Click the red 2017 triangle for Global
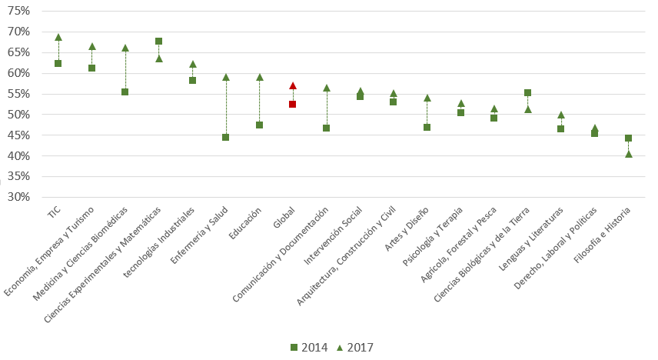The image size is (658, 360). (x=293, y=85)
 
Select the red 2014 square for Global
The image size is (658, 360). (x=293, y=104)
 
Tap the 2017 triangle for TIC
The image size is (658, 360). (x=58, y=37)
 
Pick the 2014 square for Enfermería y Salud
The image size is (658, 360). (x=226, y=137)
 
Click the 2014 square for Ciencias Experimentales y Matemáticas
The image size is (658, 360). (x=158, y=41)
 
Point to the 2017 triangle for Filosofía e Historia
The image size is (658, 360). (x=629, y=154)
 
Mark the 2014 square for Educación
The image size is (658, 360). (x=259, y=125)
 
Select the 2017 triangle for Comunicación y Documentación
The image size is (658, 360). (x=326, y=88)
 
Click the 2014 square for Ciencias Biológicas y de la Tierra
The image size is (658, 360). (x=527, y=92)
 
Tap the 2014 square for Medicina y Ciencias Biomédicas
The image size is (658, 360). (x=125, y=92)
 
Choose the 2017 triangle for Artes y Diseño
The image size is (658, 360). (x=427, y=98)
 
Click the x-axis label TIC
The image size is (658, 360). (x=54, y=213)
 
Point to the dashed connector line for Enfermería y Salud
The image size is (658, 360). (x=226, y=108)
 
